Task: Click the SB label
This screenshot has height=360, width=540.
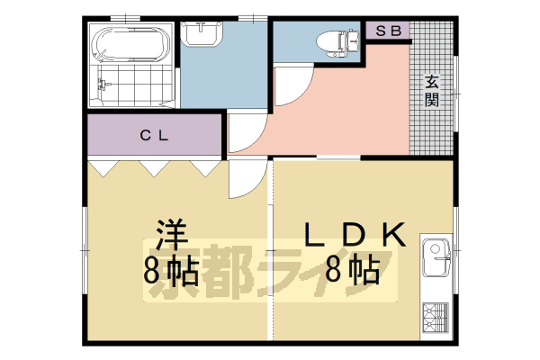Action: pyautogui.click(x=387, y=30)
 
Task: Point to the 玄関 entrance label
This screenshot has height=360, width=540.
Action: pyautogui.click(x=433, y=89)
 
